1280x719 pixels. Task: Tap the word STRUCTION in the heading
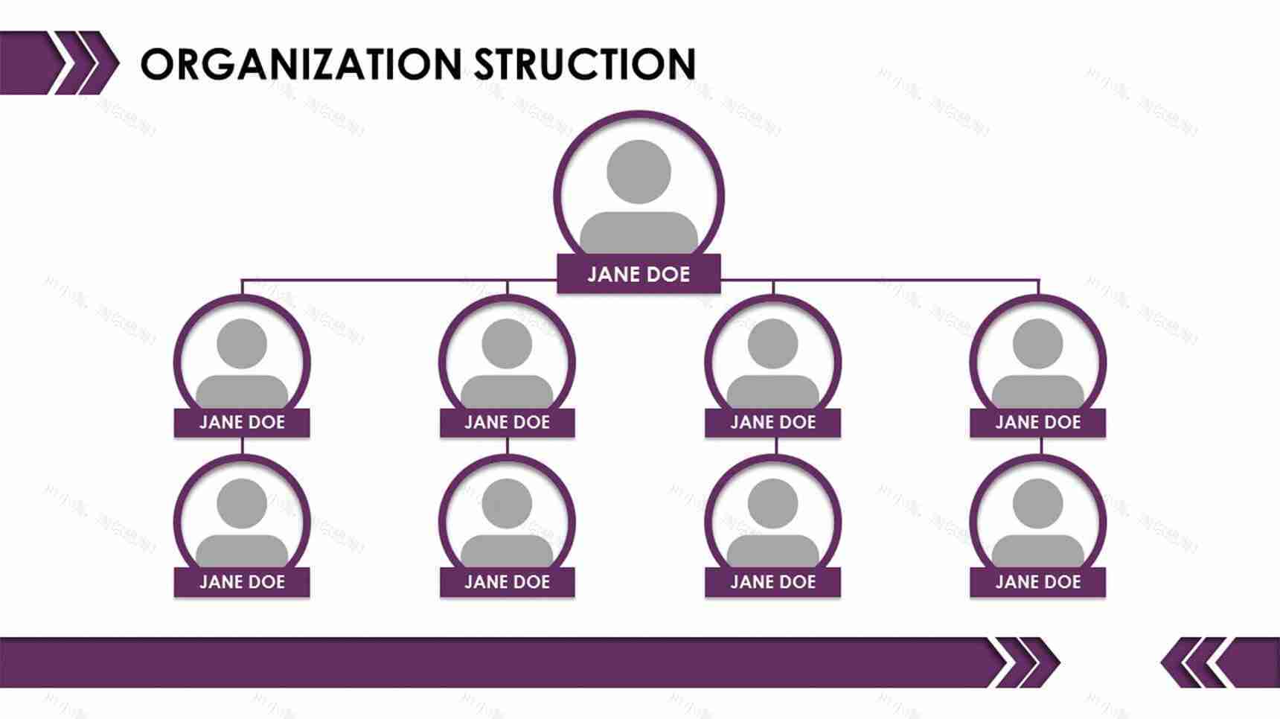585,64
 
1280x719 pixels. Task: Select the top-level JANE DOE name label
639,274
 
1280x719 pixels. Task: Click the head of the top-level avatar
639,171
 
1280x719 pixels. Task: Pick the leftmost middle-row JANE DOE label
242,423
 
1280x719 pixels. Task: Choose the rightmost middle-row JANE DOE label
1037,423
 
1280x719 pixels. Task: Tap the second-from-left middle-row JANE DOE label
507,423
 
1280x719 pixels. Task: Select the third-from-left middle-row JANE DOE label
772,423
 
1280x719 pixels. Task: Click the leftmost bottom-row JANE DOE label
242,582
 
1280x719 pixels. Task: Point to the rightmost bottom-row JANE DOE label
1037,582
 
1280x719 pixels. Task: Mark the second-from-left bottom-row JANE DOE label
507,582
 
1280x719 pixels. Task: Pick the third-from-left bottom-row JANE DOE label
772,582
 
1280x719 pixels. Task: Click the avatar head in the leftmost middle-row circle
242,344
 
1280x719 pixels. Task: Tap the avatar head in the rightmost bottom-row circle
1037,504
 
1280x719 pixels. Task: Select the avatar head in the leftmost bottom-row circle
242,504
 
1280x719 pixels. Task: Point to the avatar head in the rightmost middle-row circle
1037,344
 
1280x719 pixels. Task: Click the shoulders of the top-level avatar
639,232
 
